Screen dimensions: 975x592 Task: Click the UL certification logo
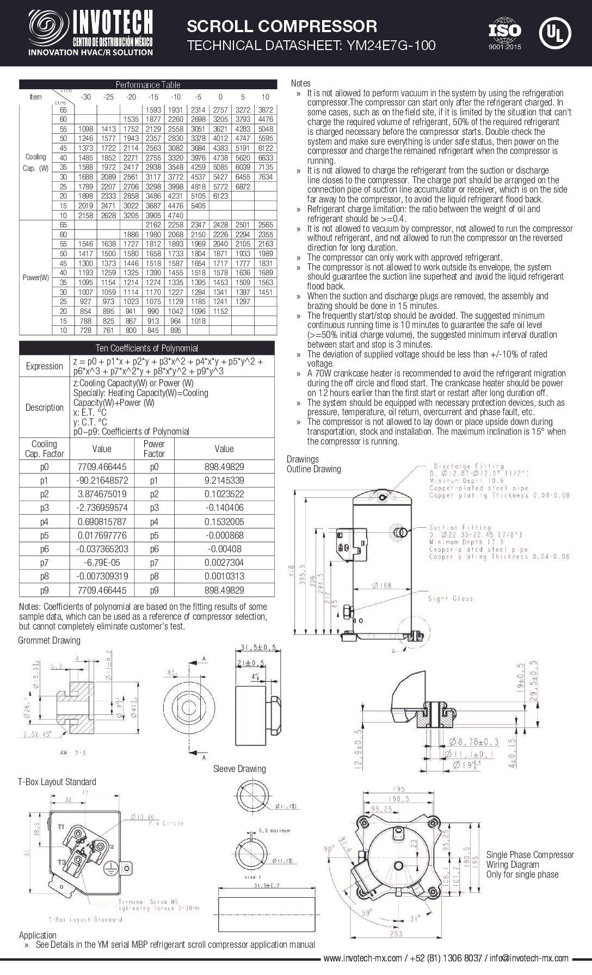click(554, 33)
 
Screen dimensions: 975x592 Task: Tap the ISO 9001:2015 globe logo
click(504, 33)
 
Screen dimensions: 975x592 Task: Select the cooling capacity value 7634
click(265, 177)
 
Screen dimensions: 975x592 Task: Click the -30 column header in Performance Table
click(85, 97)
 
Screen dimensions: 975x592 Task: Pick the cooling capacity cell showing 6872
click(243, 187)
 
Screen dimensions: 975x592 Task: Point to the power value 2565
click(265, 225)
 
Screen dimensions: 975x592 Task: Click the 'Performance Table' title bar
click(147, 84)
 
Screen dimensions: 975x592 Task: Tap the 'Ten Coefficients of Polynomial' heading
click(147, 348)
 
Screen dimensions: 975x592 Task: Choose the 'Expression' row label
click(45, 366)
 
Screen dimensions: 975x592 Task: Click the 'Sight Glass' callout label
click(450, 599)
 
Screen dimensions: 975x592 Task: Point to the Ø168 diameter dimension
click(383, 585)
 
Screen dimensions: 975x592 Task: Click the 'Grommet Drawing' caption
click(49, 640)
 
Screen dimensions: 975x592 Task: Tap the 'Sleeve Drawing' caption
click(239, 769)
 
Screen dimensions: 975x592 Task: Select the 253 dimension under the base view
click(396, 934)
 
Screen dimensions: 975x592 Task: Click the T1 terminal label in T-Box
click(61, 826)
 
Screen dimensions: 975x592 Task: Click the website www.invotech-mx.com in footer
click(362, 969)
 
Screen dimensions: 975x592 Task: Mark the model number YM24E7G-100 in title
click(387, 45)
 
